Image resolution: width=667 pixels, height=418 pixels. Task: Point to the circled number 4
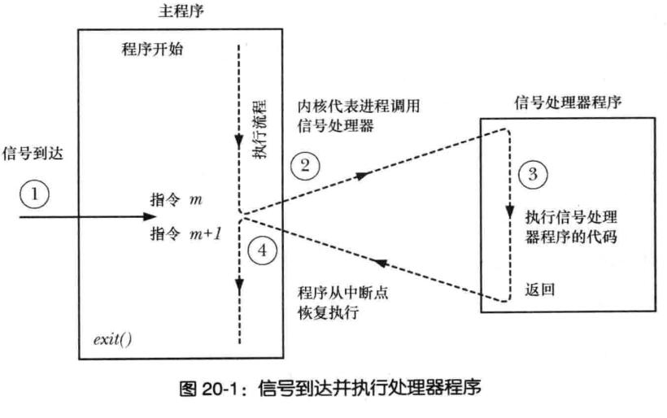[x=260, y=250]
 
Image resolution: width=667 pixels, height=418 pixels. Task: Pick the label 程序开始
[x=152, y=50]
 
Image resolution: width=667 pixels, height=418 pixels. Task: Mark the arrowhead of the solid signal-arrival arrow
[x=149, y=216]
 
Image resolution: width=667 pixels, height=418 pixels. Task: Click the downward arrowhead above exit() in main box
[x=239, y=285]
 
